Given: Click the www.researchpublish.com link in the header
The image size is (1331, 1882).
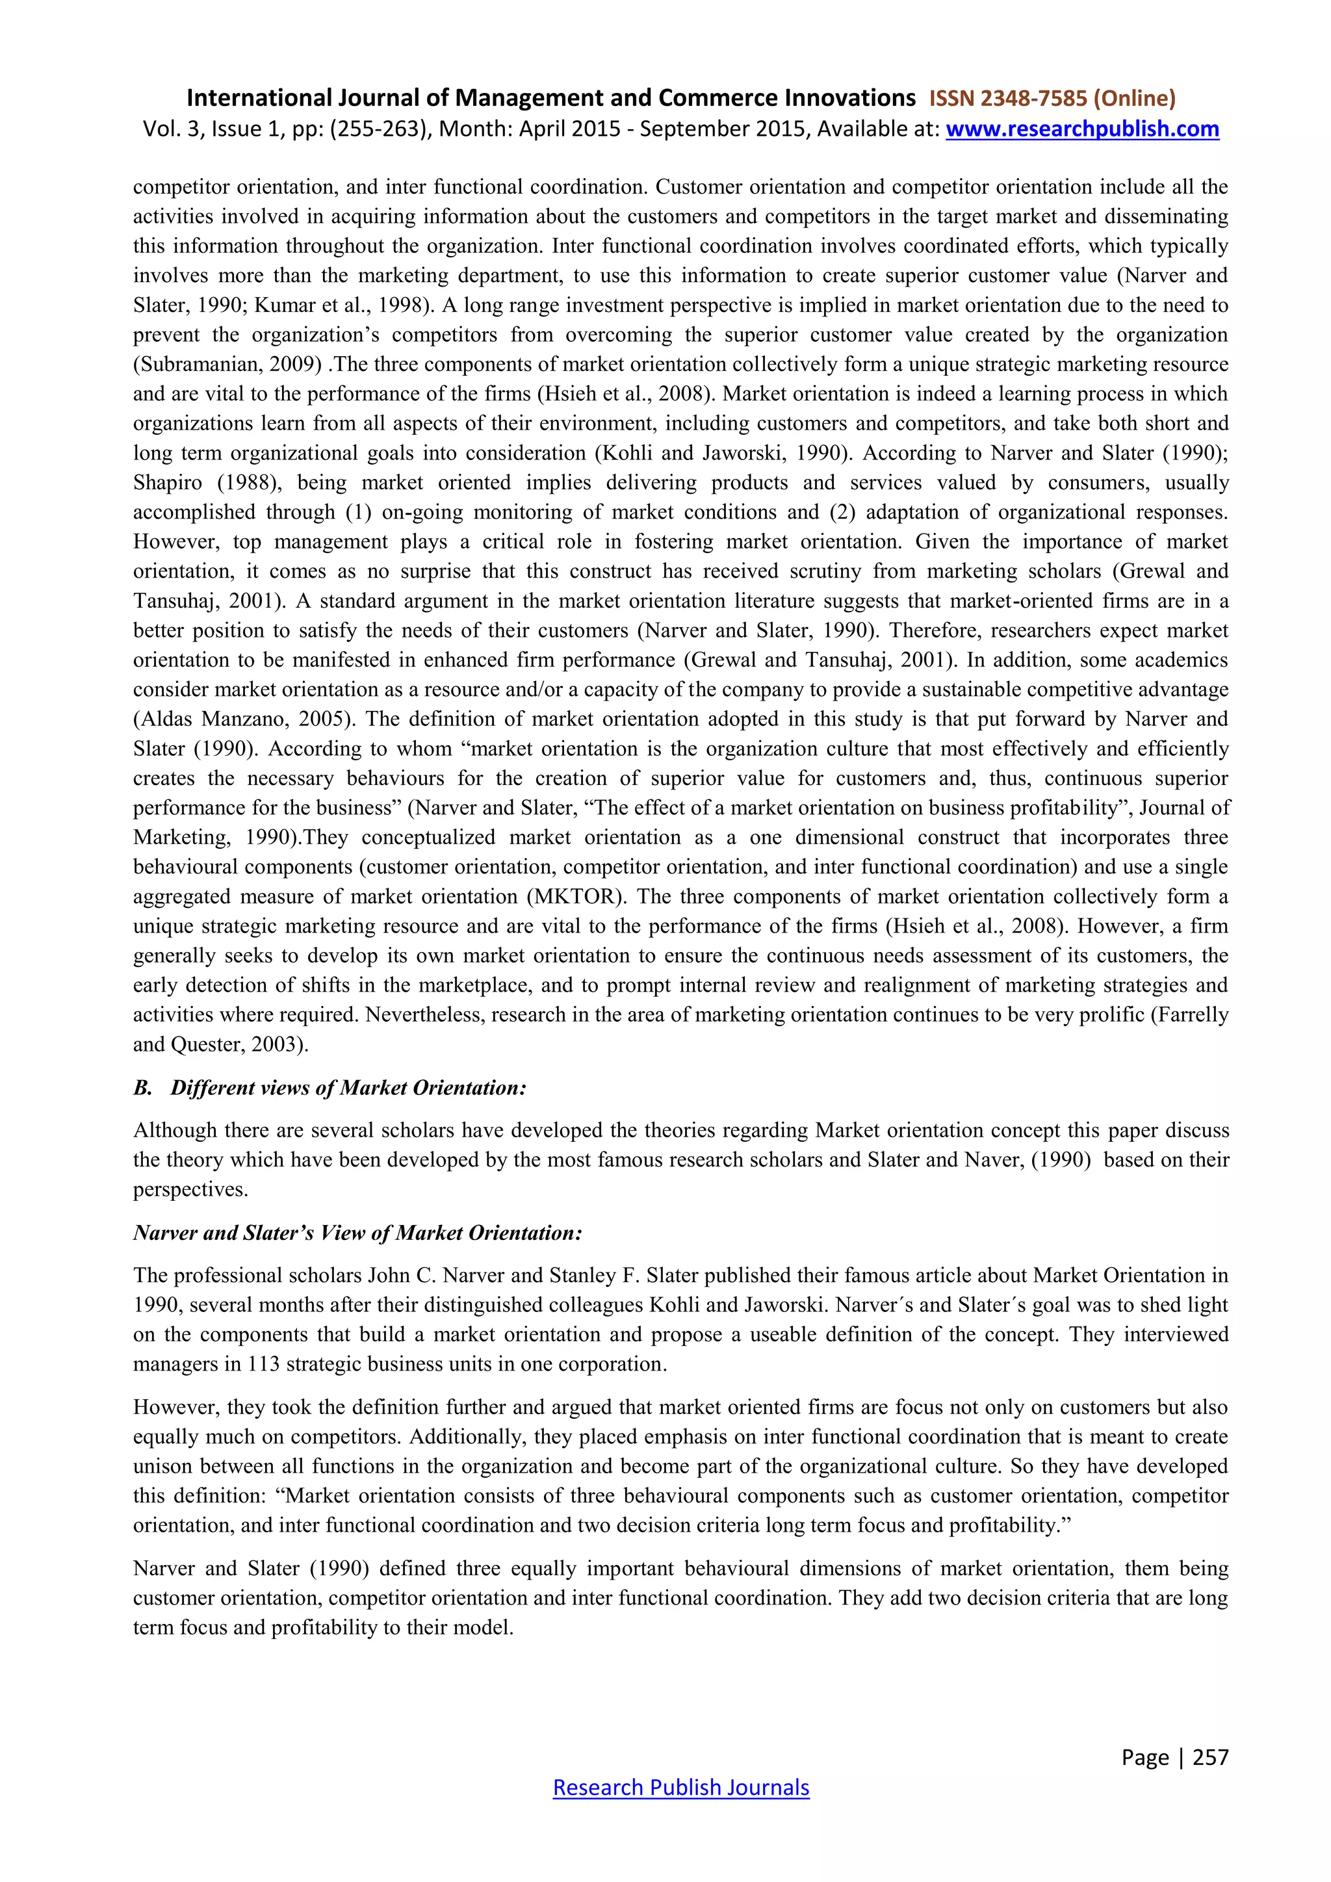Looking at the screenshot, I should coord(1082,129).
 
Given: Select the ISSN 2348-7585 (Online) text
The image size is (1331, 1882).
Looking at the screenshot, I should coord(1052,98).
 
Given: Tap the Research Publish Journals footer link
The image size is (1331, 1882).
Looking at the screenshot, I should coord(681,1787).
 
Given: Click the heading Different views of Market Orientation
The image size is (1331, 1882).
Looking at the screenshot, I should coord(348,1088).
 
